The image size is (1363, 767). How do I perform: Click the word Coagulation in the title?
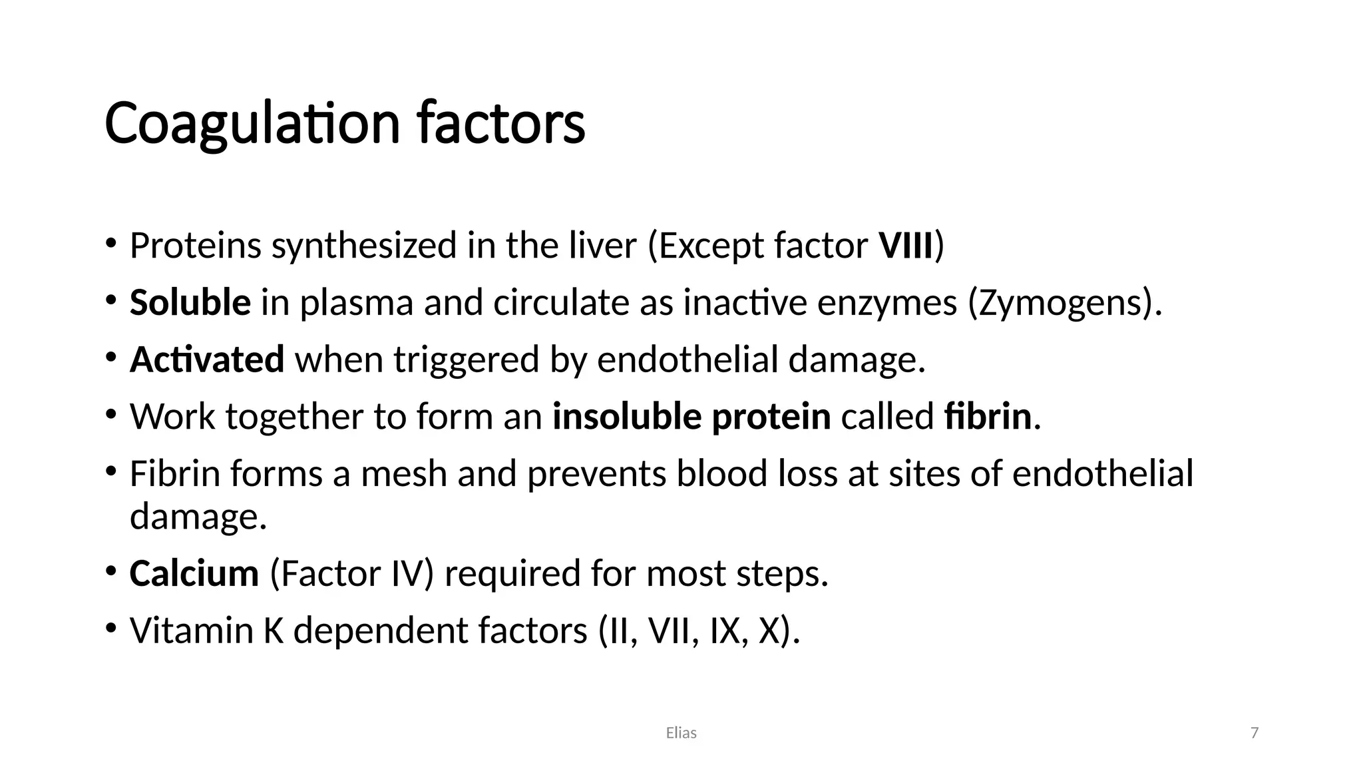coord(252,123)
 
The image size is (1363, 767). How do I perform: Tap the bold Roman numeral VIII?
coord(906,245)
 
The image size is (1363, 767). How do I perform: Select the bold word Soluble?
coord(190,302)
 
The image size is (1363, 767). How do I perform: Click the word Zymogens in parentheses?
coord(1058,304)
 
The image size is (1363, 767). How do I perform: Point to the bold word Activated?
coord(207,360)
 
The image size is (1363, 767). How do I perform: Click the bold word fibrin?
coord(988,417)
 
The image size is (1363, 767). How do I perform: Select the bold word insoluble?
coord(626,417)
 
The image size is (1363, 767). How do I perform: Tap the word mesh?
coord(403,474)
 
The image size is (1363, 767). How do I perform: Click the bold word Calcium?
coord(194,573)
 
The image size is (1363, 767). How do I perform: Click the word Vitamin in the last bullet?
coord(192,630)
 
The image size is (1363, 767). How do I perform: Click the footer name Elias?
coord(681,733)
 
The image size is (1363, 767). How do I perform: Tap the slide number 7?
coord(1255,733)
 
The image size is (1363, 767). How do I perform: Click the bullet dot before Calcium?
coord(111,571)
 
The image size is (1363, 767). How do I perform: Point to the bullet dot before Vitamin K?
coord(111,628)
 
